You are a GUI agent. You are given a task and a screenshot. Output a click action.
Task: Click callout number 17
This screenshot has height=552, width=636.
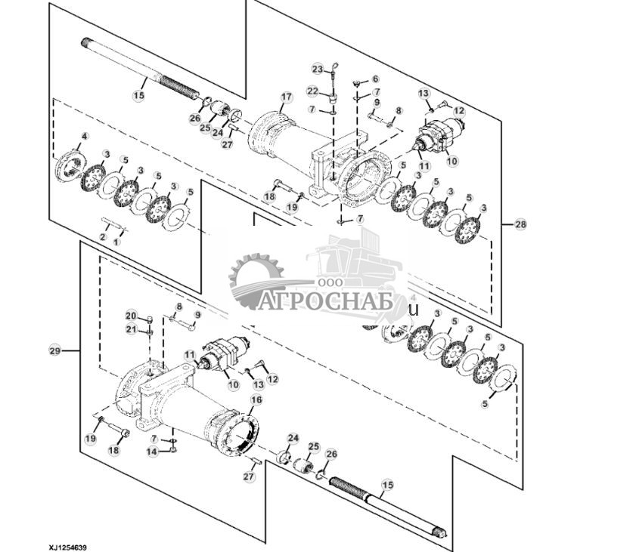pyautogui.click(x=286, y=97)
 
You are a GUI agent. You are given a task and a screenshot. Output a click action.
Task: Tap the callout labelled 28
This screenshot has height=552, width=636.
pyautogui.click(x=520, y=224)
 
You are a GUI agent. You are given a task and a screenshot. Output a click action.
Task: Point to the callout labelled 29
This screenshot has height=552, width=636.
pyautogui.click(x=54, y=350)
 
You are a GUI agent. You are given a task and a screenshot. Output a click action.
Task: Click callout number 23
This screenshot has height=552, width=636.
pyautogui.click(x=317, y=69)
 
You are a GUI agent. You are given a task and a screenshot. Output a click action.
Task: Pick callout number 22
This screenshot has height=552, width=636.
pyautogui.click(x=312, y=91)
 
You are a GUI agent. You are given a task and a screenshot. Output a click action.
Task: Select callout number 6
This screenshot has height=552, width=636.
pyautogui.click(x=375, y=79)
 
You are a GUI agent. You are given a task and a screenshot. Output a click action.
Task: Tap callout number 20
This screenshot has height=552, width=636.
pyautogui.click(x=130, y=315)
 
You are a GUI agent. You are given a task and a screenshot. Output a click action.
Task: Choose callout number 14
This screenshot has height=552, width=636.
pyautogui.click(x=153, y=452)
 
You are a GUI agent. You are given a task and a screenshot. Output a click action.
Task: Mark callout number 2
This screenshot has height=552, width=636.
pyautogui.click(x=102, y=237)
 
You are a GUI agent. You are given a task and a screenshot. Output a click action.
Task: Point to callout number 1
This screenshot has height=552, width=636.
pyautogui.click(x=116, y=242)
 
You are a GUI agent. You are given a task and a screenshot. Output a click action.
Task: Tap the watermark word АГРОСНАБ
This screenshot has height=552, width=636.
pyautogui.click(x=324, y=302)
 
